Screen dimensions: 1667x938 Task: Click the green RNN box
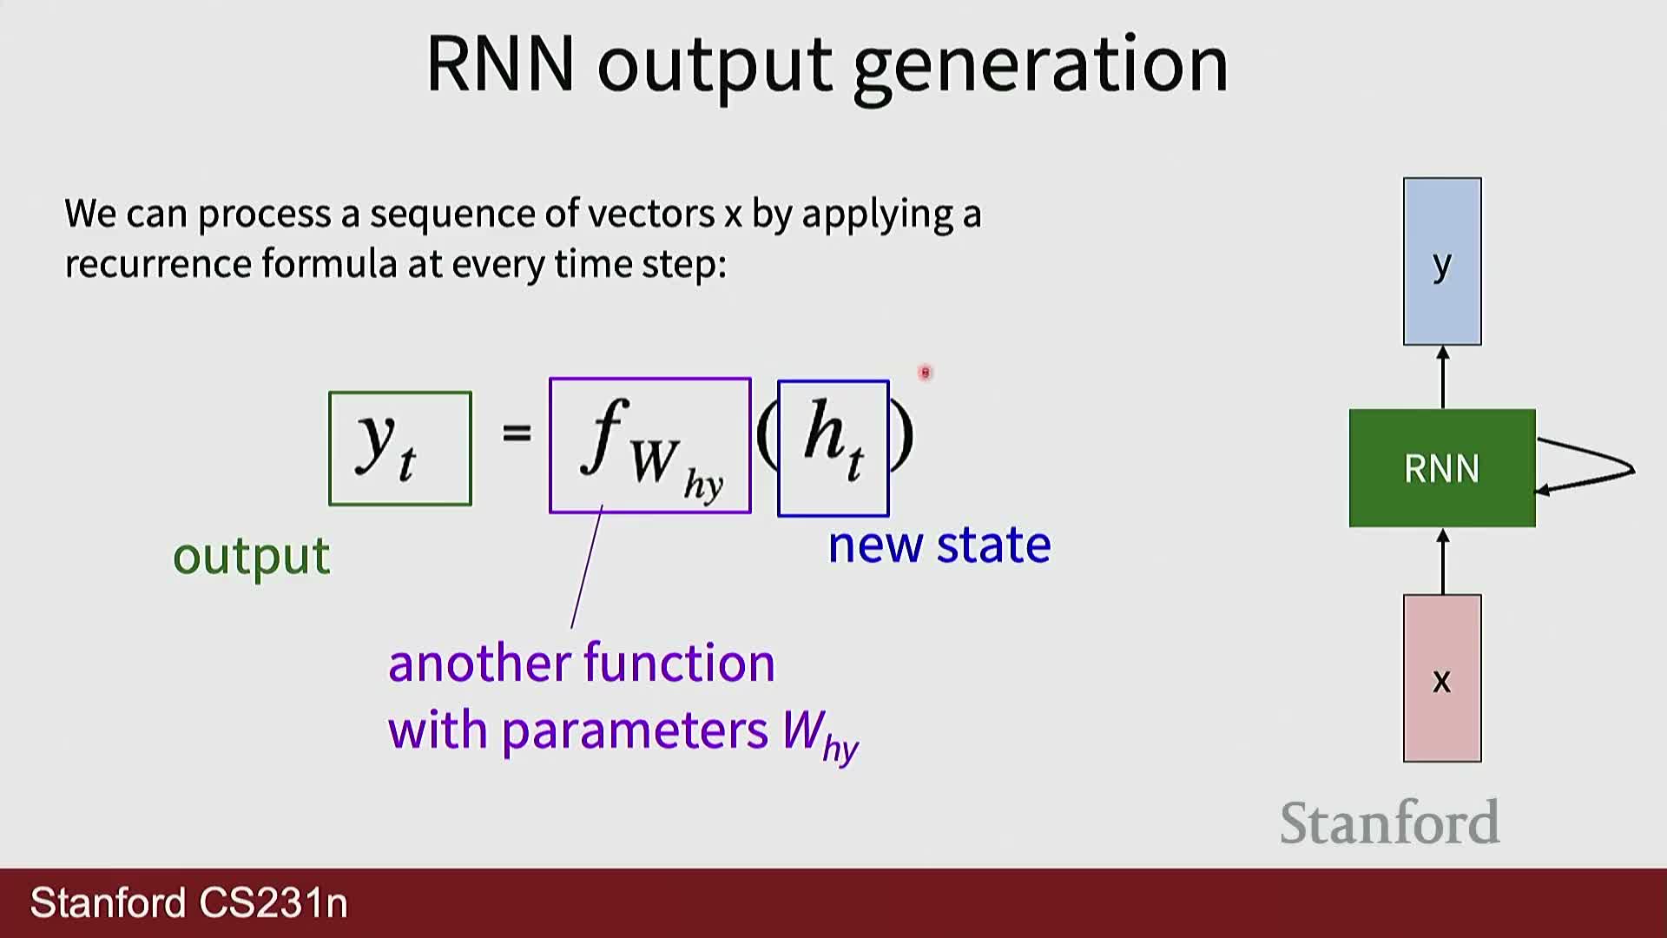click(x=1442, y=468)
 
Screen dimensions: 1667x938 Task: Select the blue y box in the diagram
click(x=1442, y=261)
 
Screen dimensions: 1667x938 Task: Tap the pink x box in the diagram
click(x=1442, y=678)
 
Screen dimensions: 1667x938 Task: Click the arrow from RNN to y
click(x=1443, y=377)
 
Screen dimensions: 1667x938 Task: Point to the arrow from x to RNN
click(x=1443, y=561)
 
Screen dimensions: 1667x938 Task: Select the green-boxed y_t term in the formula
click(x=400, y=448)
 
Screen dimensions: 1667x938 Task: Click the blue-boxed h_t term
click(x=833, y=448)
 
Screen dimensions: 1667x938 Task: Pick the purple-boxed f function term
click(x=650, y=446)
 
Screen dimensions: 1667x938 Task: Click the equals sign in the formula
click(x=517, y=432)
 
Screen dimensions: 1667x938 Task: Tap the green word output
click(x=252, y=556)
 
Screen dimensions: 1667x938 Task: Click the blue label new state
click(x=939, y=545)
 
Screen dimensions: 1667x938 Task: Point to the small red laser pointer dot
click(x=925, y=373)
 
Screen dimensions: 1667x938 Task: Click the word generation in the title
click(x=1041, y=66)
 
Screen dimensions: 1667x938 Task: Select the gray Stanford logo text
click(x=1389, y=822)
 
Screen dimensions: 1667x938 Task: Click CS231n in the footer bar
click(x=273, y=903)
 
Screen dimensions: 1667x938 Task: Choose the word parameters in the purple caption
click(x=635, y=732)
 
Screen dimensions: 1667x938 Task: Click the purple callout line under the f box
click(x=586, y=567)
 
